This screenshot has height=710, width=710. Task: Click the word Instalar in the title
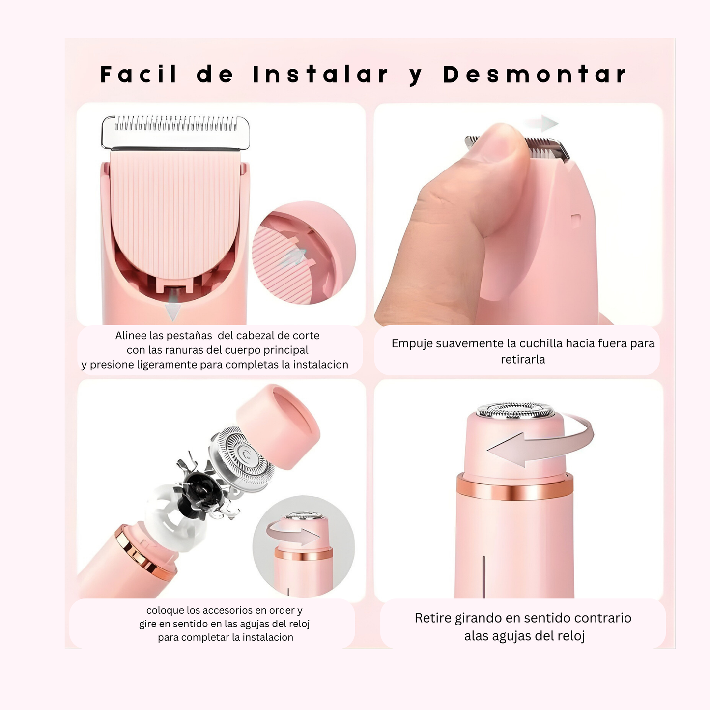(320, 74)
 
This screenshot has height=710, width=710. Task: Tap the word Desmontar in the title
(535, 74)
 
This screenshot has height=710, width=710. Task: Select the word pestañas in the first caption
(189, 336)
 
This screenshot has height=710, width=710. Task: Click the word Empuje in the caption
(410, 344)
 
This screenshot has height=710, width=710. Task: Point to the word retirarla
(523, 359)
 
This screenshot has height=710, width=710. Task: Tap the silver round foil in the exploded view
(241, 459)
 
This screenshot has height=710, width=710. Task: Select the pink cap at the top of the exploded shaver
(279, 426)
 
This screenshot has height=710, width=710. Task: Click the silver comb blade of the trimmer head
(175, 133)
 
